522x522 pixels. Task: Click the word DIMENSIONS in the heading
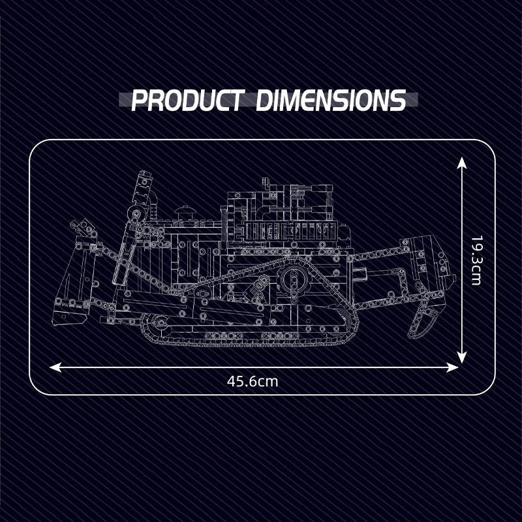click(331, 100)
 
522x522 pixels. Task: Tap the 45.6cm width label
click(253, 381)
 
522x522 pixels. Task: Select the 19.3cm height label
click(476, 260)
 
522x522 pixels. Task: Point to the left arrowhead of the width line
click(55, 367)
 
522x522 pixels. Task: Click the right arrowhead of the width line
click(452, 367)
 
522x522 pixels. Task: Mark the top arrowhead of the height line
click(461, 164)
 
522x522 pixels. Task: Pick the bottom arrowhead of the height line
click(461, 356)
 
